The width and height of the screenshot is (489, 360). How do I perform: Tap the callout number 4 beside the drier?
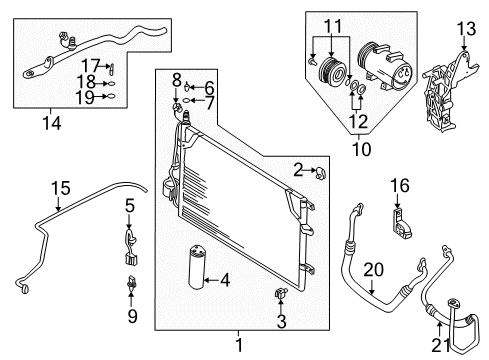226,282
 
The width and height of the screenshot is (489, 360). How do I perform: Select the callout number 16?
400,185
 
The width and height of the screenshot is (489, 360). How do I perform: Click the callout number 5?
130,206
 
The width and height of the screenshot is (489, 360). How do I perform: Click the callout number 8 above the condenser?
175,78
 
